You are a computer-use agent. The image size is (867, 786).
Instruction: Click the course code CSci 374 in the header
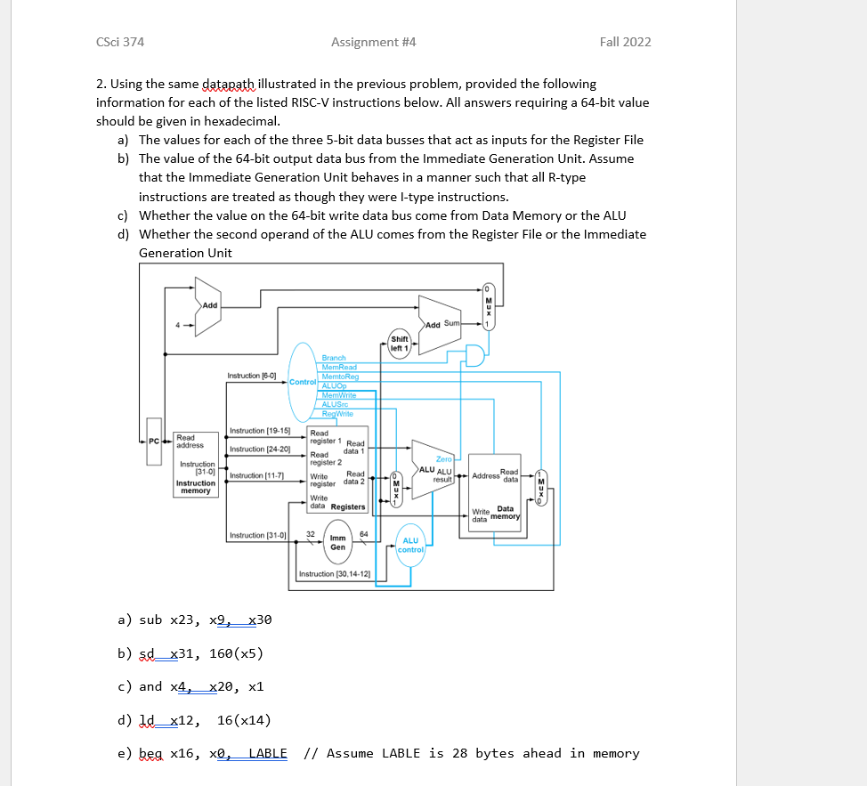[119, 42]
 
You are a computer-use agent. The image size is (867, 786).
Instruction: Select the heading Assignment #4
[373, 42]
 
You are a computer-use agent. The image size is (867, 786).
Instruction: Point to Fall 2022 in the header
[625, 42]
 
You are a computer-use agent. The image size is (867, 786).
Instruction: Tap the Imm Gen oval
[338, 542]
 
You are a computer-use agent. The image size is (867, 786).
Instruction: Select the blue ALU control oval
[410, 545]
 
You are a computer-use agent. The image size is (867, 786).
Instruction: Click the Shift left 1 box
[400, 343]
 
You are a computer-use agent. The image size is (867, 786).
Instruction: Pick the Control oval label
[302, 382]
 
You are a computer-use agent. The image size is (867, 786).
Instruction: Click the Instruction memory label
[195, 487]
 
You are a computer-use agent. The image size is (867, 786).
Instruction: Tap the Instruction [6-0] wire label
[252, 377]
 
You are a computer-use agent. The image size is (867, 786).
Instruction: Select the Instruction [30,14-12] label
[335, 574]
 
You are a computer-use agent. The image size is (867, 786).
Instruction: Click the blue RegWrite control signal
[337, 414]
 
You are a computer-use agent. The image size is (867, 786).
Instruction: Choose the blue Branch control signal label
[334, 358]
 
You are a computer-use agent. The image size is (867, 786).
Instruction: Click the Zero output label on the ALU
[443, 458]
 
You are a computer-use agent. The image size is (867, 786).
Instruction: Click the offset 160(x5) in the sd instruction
[236, 653]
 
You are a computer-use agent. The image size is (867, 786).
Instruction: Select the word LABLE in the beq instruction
[268, 753]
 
